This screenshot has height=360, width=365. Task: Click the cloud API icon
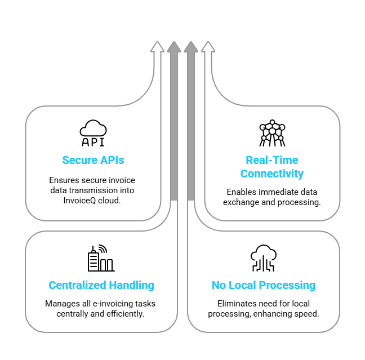click(x=93, y=133)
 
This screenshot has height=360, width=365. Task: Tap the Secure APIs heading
click(x=93, y=161)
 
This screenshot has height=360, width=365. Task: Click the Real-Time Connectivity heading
click(x=272, y=167)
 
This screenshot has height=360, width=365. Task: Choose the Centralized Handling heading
click(x=101, y=285)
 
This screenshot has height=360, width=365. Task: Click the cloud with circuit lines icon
click(x=263, y=258)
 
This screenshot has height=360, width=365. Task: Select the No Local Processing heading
click(x=264, y=285)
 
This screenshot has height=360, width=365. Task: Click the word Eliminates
click(x=238, y=304)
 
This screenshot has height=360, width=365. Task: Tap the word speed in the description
click(x=309, y=313)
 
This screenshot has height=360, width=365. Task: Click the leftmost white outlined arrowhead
click(x=157, y=47)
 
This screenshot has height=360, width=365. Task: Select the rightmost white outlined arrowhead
click(x=208, y=47)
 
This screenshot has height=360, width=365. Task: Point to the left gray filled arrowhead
click(x=173, y=47)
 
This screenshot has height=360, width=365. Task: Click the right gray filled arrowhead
click(x=190, y=47)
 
